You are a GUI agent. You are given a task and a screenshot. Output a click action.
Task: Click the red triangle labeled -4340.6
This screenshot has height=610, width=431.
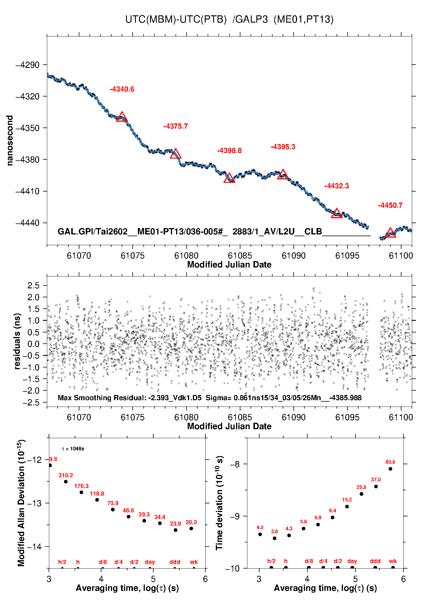pos(122,117)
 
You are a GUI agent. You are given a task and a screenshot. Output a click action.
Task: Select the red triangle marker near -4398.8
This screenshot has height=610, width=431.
pos(229,178)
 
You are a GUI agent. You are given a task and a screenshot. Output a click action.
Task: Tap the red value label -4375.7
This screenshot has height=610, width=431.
pos(176,126)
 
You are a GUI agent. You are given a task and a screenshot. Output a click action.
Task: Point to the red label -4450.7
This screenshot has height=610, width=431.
pos(390,205)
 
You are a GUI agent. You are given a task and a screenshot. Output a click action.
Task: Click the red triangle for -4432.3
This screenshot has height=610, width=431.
pos(337,214)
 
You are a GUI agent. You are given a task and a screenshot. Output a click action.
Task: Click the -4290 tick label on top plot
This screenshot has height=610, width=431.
pos(28,65)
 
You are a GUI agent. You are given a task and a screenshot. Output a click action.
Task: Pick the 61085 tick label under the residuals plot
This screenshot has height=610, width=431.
pos(240,417)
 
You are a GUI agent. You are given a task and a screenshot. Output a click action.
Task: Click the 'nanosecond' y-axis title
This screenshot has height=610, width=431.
pos(10,141)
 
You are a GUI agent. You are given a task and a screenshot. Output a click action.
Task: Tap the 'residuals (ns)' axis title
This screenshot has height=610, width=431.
pos(17,341)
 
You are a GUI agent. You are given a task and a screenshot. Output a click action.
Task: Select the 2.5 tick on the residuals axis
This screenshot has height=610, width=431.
pos(33,285)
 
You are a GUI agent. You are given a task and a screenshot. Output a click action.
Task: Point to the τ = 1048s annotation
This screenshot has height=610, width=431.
pos(73,449)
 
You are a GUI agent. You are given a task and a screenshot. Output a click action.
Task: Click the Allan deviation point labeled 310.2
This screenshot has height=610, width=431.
pos(66,482)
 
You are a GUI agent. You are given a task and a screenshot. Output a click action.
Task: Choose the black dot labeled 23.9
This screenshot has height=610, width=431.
pos(176,530)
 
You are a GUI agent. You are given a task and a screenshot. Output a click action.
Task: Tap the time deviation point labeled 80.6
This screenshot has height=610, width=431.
pos(390,469)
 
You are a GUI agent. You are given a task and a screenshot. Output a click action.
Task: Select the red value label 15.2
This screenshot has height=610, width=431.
pos(347,500)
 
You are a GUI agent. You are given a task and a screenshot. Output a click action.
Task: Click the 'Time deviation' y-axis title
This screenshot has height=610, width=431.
pos(220,503)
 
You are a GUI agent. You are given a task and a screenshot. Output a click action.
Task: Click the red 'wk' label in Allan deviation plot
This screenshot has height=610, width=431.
pos(194,562)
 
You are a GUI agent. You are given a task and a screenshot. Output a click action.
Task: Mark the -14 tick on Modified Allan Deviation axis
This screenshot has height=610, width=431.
pos(34,547)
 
